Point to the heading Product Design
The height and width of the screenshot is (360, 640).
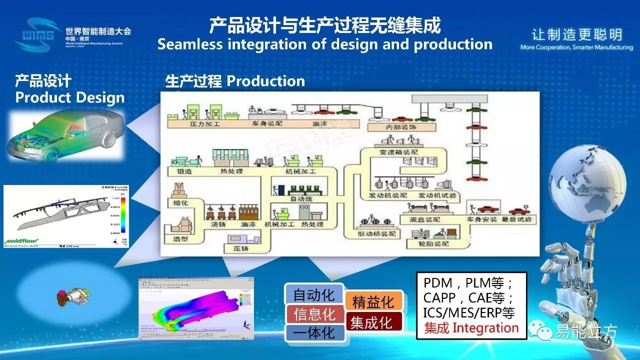pyautogui.click(x=69, y=97)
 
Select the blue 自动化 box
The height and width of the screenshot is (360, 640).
pyautogui.click(x=313, y=294)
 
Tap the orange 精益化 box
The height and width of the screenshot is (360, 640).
pyautogui.click(x=373, y=302)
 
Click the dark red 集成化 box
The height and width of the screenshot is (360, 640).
pyautogui.click(x=370, y=322)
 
